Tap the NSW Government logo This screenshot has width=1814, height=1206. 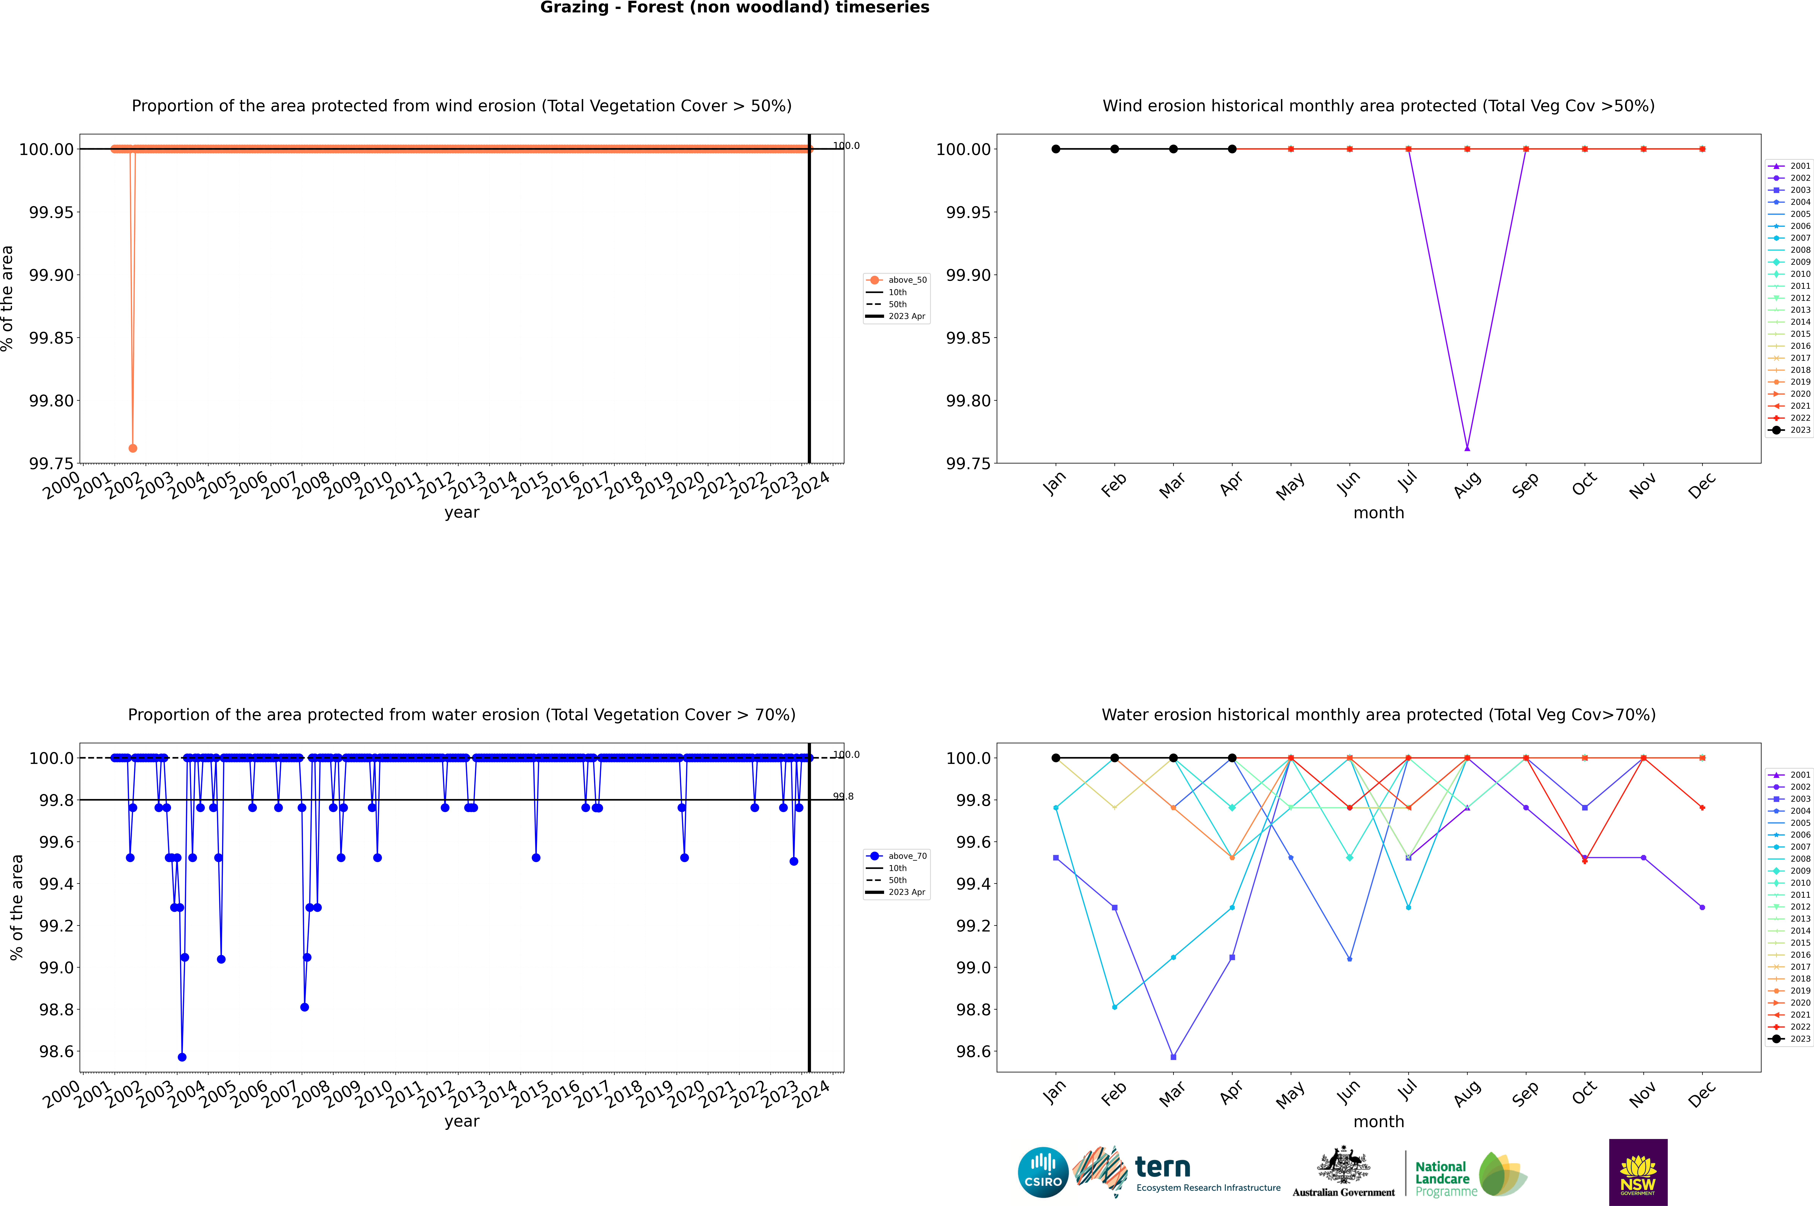click(1638, 1172)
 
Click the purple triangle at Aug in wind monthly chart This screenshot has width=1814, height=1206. click(1467, 448)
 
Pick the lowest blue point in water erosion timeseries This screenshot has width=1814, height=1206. click(182, 1057)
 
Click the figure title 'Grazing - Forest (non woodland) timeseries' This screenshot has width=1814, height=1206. click(734, 8)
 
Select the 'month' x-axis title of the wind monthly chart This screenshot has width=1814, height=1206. click(1378, 513)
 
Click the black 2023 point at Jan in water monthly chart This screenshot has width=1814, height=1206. click(1056, 758)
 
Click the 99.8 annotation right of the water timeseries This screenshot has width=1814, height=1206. click(844, 796)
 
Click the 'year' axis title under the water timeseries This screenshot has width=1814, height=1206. click(461, 1121)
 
